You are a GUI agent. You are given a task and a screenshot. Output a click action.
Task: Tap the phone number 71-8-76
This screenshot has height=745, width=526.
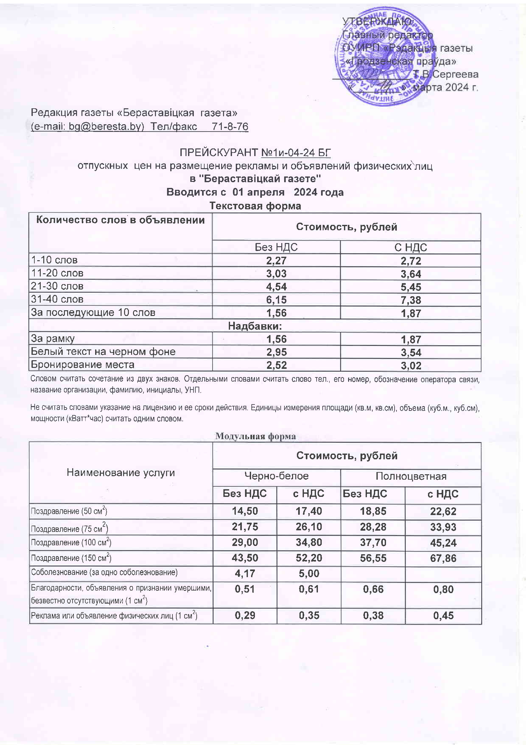pyautogui.click(x=230, y=126)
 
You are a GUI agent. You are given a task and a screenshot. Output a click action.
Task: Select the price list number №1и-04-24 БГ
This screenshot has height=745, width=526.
pyautogui.click(x=296, y=153)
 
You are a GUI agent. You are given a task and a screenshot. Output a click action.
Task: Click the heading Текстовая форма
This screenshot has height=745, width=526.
pyautogui.click(x=255, y=206)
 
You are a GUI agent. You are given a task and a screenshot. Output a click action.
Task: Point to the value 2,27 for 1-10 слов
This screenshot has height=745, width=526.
pyautogui.click(x=276, y=261)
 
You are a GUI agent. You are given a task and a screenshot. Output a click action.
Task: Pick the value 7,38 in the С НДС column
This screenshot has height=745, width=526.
pyautogui.click(x=410, y=300)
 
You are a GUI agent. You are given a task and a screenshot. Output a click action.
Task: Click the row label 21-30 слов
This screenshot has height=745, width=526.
pyautogui.click(x=57, y=286)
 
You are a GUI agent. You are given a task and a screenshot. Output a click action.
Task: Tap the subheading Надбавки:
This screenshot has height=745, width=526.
pyautogui.click(x=255, y=326)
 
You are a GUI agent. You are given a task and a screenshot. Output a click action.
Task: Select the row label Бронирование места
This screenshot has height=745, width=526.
pyautogui.click(x=82, y=365)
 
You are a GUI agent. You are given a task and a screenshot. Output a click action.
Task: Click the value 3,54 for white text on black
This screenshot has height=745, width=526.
pyautogui.click(x=410, y=352)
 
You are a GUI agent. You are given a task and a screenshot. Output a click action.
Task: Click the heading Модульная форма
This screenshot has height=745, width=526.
pyautogui.click(x=256, y=436)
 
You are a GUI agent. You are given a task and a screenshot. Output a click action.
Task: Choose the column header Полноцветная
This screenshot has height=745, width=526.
pyautogui.click(x=410, y=476)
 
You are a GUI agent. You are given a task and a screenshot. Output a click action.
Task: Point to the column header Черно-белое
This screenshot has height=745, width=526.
pyautogui.click(x=276, y=476)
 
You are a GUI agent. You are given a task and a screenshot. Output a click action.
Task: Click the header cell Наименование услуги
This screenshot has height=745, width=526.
pyautogui.click(x=121, y=473)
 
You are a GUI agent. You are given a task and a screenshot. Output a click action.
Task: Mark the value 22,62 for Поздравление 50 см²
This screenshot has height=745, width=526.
pyautogui.click(x=443, y=512)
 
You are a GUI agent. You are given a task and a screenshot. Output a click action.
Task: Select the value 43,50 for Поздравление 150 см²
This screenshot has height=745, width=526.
pyautogui.click(x=245, y=558)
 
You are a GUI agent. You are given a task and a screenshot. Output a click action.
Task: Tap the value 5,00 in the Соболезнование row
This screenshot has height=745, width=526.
pyautogui.click(x=309, y=573)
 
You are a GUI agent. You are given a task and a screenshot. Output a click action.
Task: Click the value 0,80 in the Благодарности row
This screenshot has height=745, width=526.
pyautogui.click(x=443, y=589)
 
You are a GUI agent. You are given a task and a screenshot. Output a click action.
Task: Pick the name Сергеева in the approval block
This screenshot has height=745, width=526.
pyautogui.click(x=455, y=74)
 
